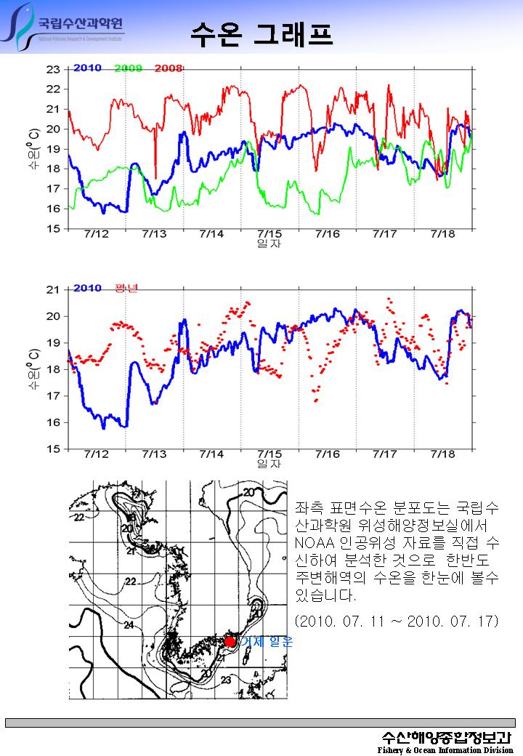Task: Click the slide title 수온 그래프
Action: (261, 33)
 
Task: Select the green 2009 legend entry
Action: (129, 69)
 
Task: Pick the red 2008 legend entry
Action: (168, 69)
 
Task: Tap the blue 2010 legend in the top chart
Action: (87, 69)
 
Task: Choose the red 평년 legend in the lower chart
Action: (127, 289)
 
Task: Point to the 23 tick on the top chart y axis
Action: (53, 70)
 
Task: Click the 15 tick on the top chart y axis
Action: (53, 229)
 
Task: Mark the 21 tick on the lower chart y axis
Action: (53, 290)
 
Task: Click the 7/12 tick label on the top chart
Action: (96, 234)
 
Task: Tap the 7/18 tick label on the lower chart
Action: (442, 454)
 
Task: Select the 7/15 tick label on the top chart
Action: (269, 234)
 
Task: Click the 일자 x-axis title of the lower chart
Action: (269, 463)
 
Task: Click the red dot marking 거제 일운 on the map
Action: (230, 641)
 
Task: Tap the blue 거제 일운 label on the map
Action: (266, 642)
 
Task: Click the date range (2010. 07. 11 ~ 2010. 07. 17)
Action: (397, 622)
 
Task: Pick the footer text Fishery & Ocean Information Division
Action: (445, 749)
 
